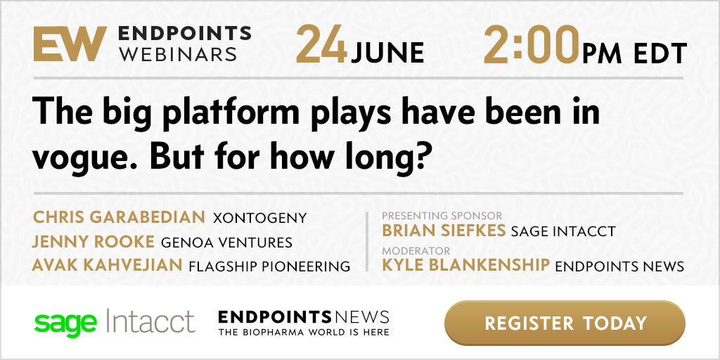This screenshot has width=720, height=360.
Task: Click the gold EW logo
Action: (x=70, y=44)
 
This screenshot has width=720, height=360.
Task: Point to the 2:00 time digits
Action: (x=532, y=45)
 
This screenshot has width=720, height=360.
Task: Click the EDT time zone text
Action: (x=660, y=53)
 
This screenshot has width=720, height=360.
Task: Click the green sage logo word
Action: (x=65, y=323)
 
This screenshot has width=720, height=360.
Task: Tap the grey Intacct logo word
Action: (x=150, y=321)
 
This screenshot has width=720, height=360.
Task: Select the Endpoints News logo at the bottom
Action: (x=304, y=322)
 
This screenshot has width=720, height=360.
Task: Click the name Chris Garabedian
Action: (x=119, y=217)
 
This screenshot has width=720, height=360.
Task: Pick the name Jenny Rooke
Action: (x=94, y=242)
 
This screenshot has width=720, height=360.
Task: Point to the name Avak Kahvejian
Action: (x=108, y=265)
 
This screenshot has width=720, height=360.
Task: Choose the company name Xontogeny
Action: (x=259, y=218)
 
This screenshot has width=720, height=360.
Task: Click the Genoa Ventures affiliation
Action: (x=226, y=242)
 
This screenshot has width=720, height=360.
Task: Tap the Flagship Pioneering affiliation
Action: (x=269, y=266)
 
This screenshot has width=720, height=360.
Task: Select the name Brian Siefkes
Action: (x=444, y=231)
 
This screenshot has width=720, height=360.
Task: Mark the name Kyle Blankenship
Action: (x=465, y=265)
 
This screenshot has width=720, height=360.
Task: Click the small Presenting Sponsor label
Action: (x=442, y=215)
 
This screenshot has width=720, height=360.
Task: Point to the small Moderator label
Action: (x=416, y=251)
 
